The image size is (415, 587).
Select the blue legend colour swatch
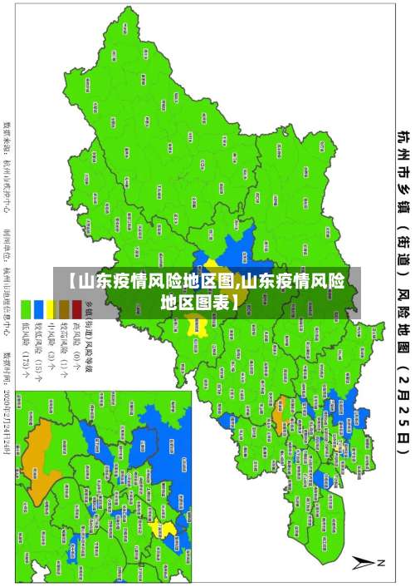click(39, 304)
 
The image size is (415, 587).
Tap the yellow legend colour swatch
click(51, 304)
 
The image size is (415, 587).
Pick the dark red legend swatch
click(76, 304)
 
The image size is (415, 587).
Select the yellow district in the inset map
click(168, 528)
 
